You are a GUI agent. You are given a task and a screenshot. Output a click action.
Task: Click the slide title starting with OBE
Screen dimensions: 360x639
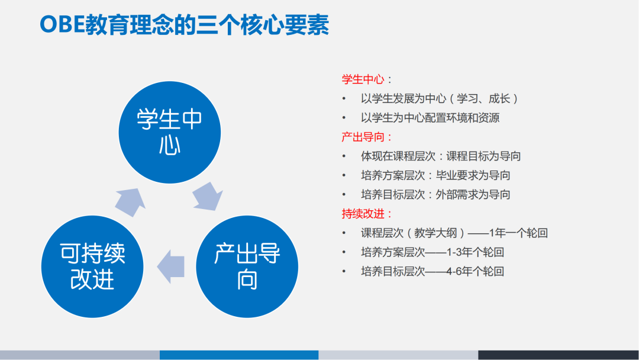coord(183,25)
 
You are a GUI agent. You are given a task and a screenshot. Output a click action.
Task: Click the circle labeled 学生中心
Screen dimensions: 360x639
coord(170,132)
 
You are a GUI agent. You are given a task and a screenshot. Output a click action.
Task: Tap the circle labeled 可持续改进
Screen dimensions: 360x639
coord(93,266)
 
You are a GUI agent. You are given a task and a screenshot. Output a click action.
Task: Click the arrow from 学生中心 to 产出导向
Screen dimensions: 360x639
coord(208,197)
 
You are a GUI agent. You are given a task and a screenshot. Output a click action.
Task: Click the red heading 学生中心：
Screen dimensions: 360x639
coord(367,79)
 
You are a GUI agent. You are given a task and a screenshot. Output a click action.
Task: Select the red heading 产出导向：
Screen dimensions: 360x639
coord(367,137)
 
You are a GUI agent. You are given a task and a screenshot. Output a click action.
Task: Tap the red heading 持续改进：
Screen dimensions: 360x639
coord(367,214)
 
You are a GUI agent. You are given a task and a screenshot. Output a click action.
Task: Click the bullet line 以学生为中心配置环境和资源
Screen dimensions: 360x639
coord(430,118)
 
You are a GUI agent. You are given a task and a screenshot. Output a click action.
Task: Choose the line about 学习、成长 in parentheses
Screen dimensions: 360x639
coord(440,98)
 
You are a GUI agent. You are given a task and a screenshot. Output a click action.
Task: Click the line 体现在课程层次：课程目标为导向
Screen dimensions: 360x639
coord(441,156)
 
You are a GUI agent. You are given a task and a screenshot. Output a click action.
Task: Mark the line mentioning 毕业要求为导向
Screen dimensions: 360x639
coord(435,175)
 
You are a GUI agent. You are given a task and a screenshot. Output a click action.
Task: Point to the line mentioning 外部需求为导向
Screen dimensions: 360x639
coord(435,194)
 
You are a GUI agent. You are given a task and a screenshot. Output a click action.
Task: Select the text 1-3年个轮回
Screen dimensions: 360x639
coord(475,252)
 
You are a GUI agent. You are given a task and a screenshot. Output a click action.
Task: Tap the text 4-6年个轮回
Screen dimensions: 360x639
coord(475,272)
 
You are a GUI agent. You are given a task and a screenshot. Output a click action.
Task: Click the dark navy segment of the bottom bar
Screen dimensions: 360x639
coord(558,355)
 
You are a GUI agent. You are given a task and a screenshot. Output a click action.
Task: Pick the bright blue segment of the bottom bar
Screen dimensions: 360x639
coord(239,355)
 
